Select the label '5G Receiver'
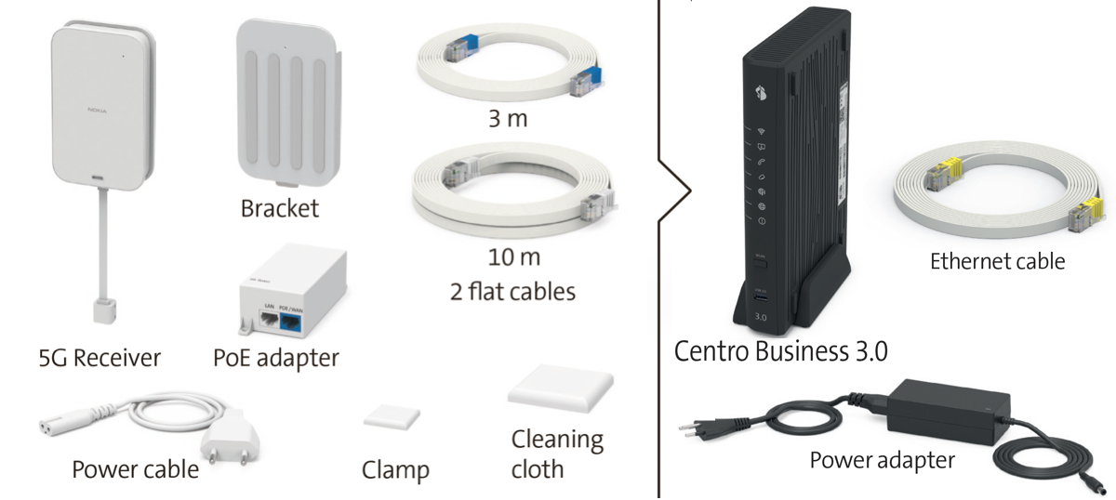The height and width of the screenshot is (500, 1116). pyautogui.click(x=101, y=357)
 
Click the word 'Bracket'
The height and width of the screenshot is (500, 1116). pyautogui.click(x=279, y=207)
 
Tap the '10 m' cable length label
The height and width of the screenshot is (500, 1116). pyautogui.click(x=514, y=256)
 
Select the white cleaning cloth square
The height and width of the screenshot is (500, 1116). pyautogui.click(x=562, y=388)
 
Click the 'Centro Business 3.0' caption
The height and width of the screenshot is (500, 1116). pyautogui.click(x=781, y=351)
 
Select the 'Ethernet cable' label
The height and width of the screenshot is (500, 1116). pyautogui.click(x=997, y=261)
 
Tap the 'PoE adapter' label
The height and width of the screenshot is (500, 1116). pyautogui.click(x=275, y=357)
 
